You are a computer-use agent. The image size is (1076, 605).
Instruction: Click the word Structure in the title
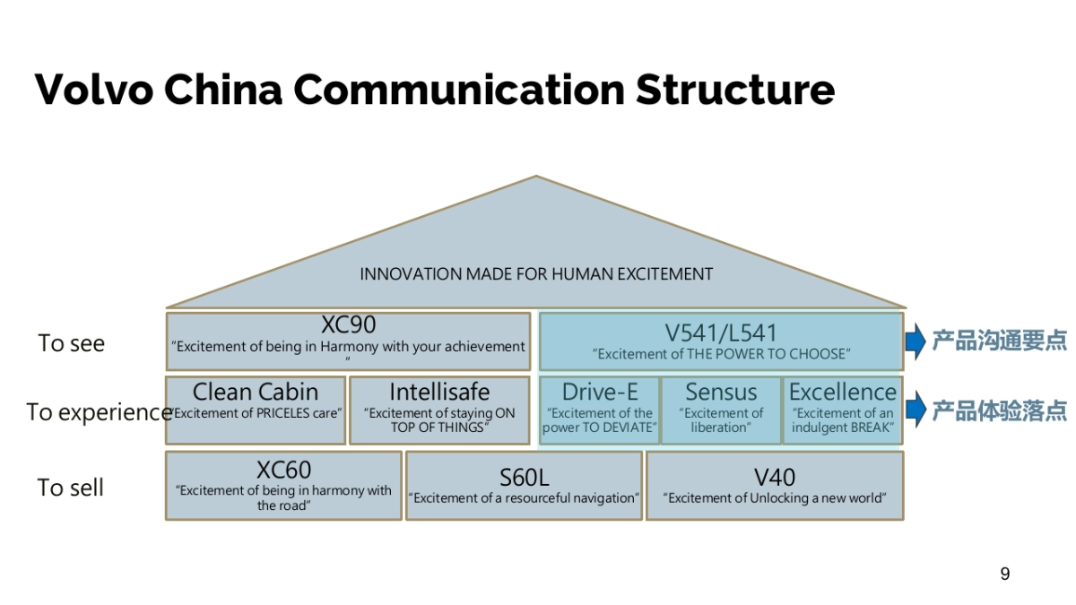click(x=735, y=90)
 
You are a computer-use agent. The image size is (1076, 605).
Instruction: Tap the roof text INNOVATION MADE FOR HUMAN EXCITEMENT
click(x=536, y=274)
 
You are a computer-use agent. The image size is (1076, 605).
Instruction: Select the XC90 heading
click(x=348, y=325)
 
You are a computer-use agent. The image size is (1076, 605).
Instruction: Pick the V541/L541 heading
click(x=721, y=333)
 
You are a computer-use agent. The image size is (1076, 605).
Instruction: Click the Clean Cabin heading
click(x=256, y=392)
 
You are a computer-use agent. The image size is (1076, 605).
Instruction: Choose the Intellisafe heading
click(x=439, y=392)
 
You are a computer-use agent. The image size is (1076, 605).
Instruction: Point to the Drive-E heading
click(x=599, y=392)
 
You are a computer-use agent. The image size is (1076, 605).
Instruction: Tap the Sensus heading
click(x=721, y=392)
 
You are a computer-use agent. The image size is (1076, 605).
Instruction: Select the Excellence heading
click(x=843, y=392)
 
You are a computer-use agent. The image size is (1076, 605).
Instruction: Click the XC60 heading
click(x=283, y=470)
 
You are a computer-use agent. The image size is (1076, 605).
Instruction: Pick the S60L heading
click(x=524, y=477)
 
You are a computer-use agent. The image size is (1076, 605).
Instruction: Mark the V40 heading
click(x=775, y=477)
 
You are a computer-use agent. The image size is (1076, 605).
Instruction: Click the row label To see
click(x=72, y=343)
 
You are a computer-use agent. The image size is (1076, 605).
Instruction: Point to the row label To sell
click(x=71, y=488)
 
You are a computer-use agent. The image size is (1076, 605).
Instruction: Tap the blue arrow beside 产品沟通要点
click(x=915, y=341)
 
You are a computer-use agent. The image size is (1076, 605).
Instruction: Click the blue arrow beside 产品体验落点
click(x=915, y=410)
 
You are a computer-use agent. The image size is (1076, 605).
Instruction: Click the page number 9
click(x=1004, y=574)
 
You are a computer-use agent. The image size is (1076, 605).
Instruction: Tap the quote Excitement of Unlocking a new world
click(x=775, y=498)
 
